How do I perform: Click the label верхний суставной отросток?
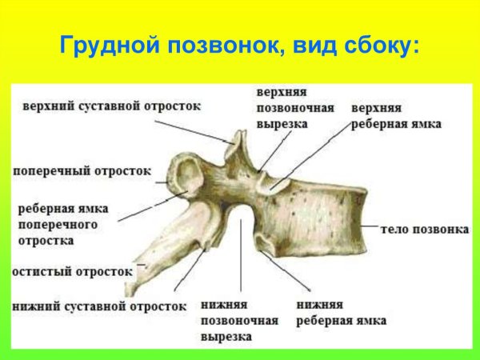pos(111,106)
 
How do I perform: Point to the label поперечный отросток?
pos(82,170)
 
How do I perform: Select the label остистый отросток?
pos(72,272)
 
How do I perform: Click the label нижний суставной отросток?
pos(99,306)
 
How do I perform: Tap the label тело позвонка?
pos(425,230)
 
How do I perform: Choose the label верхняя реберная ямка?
pos(396,115)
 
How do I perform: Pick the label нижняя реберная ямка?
pos(341,313)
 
